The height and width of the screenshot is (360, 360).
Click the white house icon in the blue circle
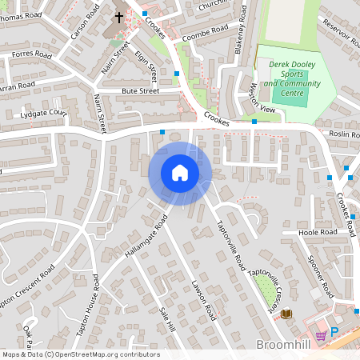click(x=180, y=173)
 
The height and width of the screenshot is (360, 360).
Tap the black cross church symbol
click(x=119, y=16)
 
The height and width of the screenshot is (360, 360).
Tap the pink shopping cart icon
click(x=322, y=336)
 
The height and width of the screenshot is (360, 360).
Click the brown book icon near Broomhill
click(x=286, y=314)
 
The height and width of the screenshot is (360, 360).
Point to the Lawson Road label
click(x=203, y=299)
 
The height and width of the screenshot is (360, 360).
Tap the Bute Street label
click(x=140, y=92)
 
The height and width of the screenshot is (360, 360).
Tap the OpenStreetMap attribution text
click(x=81, y=354)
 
